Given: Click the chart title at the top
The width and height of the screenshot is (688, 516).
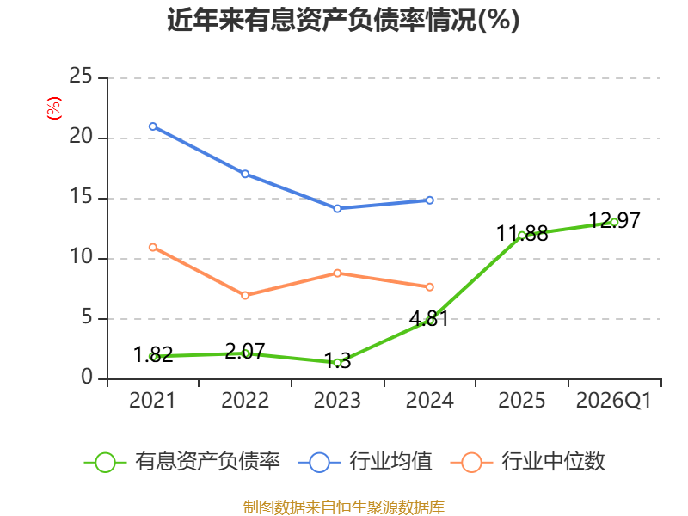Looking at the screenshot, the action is coord(343,20).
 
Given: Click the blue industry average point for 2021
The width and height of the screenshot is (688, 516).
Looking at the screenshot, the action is coord(153,126).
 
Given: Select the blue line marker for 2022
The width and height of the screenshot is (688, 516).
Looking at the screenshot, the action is coord(245,175).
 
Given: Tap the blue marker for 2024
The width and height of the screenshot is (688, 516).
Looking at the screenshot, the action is coord(429,200).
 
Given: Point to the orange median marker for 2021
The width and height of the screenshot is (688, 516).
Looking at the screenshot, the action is coord(153,248).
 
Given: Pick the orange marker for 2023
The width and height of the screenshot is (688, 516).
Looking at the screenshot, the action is coord(337,273).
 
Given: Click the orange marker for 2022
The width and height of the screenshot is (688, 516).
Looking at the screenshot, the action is coord(245,295).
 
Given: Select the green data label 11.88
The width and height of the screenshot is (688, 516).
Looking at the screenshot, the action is coord(522,233).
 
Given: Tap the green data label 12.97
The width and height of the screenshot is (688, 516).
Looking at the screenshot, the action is coord(614,220).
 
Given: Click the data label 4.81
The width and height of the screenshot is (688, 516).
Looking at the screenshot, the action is coord(429,318).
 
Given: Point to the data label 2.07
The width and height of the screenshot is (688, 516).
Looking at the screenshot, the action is coord(245,352).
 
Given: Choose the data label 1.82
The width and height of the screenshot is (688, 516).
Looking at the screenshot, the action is coord(153,354).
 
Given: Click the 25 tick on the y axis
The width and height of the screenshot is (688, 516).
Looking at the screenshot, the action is coord(81,76).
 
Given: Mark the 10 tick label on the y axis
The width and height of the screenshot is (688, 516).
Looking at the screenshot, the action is coord(81,256).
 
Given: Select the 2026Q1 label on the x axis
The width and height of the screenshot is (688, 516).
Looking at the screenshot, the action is coord(614,401).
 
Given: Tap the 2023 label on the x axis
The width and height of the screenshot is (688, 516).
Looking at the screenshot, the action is coord(337,401).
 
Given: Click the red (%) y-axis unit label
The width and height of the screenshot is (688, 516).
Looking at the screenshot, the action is coord(53,108).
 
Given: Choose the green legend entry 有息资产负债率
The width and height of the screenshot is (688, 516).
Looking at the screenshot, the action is coord(182,462).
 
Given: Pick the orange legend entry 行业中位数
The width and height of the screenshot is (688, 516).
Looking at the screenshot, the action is coord(528,462).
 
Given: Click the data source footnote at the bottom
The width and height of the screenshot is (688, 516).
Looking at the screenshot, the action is coord(343,507).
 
